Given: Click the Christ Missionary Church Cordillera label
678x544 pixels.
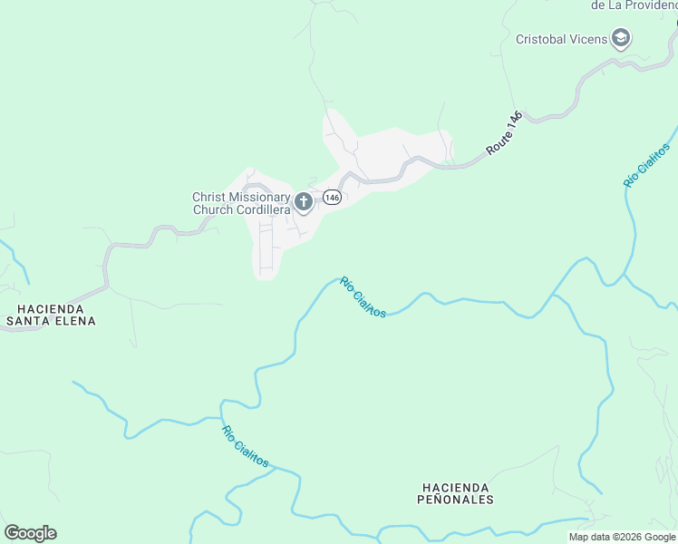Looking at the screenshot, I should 241,203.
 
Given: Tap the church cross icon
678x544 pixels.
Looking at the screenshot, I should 304,201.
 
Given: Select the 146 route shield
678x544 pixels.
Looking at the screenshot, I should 332,198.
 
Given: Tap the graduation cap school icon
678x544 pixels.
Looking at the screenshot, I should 621,38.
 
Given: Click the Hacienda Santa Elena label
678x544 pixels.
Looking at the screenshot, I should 50,315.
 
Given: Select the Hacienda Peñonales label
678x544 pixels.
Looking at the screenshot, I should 455,493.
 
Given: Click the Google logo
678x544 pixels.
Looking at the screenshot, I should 30,533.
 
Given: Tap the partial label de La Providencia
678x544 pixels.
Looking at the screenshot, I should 634,5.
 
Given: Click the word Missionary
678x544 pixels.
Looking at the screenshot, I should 258,197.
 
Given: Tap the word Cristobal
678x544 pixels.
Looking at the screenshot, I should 542,39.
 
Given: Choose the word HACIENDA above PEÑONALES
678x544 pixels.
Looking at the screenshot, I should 455,487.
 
